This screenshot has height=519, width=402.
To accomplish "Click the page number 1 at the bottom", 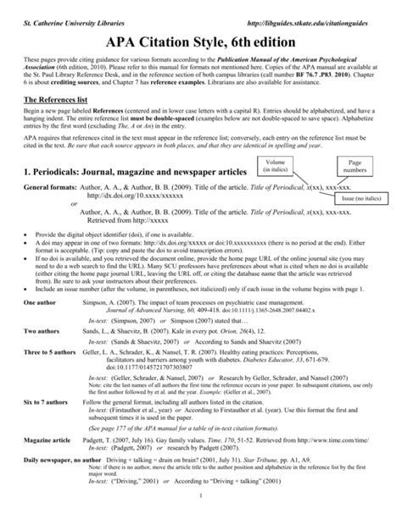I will (x=201, y=511).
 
